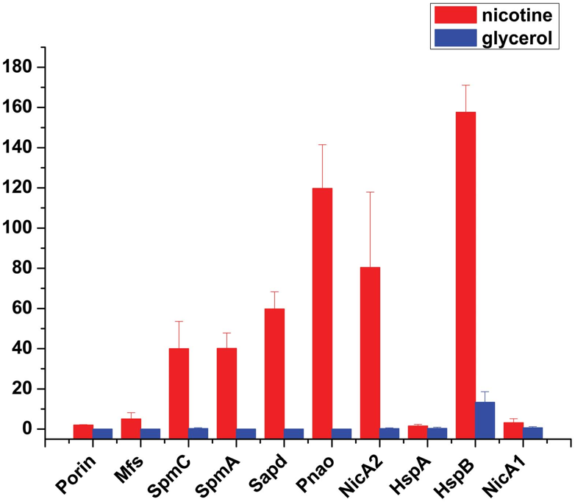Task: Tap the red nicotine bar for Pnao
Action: pyautogui.click(x=322, y=308)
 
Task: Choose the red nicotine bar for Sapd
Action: pyautogui.click(x=274, y=368)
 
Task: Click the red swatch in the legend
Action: pyautogui.click(x=456, y=14)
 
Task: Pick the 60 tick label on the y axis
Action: pyautogui.click(x=24, y=308)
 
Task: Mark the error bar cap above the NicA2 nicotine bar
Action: pyautogui.click(x=370, y=192)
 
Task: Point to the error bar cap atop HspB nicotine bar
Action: pyautogui.click(x=465, y=85)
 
